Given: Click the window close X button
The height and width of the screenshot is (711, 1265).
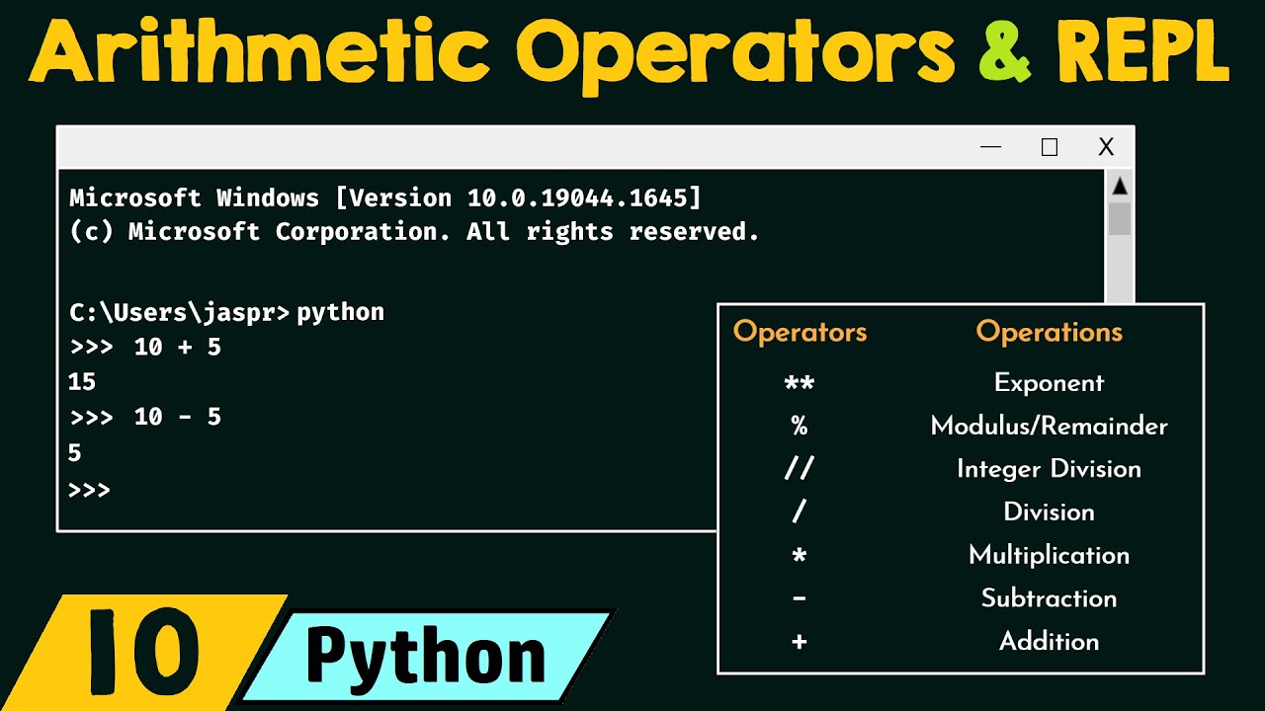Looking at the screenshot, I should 1106,148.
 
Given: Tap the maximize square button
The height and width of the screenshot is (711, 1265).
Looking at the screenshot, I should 1050,148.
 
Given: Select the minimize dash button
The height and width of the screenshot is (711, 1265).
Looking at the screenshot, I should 991,148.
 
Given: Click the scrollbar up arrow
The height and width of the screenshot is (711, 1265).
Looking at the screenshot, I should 1120,187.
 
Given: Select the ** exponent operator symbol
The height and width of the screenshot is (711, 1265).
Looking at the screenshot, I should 799,383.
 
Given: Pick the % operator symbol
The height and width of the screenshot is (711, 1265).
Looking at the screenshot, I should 799,426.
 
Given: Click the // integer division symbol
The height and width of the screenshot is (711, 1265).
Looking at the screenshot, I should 799,469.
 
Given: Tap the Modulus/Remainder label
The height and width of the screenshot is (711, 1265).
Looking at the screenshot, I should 1049,426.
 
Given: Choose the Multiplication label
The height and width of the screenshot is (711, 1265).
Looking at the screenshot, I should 1049,555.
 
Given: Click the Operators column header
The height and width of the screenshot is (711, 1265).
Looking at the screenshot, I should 800,332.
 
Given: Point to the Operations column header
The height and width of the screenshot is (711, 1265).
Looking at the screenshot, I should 1049,332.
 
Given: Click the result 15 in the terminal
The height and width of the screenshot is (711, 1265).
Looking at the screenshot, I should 82,382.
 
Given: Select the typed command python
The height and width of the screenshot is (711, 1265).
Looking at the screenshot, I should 340,313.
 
